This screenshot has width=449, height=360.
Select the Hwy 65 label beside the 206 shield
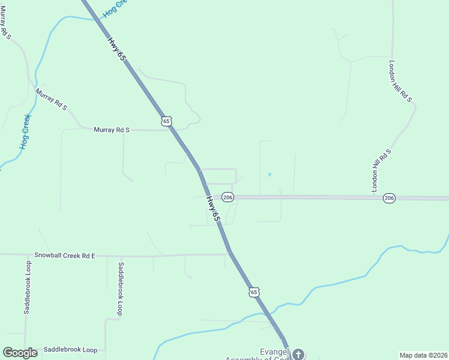(x=212, y=209)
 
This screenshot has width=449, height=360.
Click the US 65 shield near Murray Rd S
(x=167, y=121)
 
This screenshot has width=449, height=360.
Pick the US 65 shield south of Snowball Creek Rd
(x=255, y=292)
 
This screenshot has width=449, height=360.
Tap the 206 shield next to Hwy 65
(x=227, y=197)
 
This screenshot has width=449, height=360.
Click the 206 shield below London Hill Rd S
(x=389, y=197)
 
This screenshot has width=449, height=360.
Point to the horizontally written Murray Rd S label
(x=112, y=129)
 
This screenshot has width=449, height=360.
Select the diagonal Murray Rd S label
(x=51, y=99)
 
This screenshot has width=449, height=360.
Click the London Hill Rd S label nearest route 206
(x=381, y=170)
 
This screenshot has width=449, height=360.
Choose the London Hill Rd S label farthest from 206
(x=401, y=81)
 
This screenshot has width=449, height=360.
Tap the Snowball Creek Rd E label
(x=65, y=256)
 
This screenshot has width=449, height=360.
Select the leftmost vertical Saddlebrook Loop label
(x=27, y=288)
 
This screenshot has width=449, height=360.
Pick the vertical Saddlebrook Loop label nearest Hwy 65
(x=120, y=289)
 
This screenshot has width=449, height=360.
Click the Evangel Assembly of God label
(x=258, y=355)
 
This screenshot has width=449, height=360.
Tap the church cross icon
(x=298, y=354)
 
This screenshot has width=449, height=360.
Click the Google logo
(x=20, y=353)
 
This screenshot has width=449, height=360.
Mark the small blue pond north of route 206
(x=270, y=175)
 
